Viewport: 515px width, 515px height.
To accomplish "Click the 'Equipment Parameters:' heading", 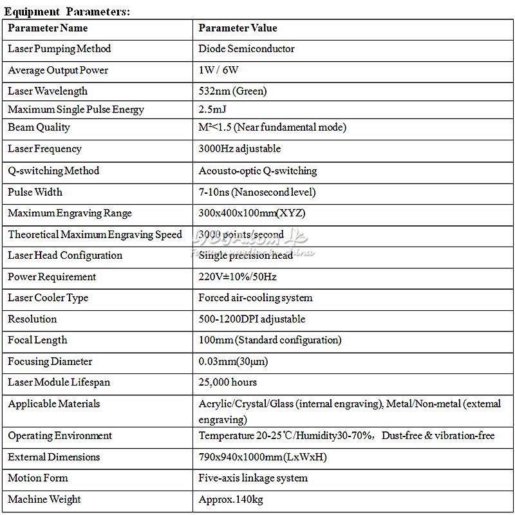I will coord(67,12).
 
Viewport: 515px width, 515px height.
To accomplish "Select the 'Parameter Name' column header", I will coord(48,28).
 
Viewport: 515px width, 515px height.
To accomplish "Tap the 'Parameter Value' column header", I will coord(238,28).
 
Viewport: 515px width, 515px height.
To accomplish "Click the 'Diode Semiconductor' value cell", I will coord(247,49).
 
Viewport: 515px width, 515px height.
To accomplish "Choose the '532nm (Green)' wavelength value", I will coord(232,91).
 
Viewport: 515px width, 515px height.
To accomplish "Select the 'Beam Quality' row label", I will coord(39,127).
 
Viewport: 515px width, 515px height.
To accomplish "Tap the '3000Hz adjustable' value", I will coord(239,149).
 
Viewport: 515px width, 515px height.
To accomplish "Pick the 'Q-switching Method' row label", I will coord(53,171).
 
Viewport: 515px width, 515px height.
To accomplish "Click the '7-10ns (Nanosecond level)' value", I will coord(257,192).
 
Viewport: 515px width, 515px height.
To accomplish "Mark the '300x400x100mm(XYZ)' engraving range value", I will coord(252,213).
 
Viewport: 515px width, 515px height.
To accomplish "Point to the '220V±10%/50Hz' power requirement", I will coord(238,277).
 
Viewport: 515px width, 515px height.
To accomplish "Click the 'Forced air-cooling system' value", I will coord(256,298).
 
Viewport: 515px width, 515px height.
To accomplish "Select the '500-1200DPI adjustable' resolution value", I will coord(252,319).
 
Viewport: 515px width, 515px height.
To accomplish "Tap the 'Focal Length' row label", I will coord(37,340).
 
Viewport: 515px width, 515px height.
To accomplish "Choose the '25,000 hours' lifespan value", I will coord(228,382).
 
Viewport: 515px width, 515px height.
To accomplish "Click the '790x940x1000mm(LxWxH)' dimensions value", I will coord(263,457).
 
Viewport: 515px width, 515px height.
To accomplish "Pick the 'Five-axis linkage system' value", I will coord(253,478).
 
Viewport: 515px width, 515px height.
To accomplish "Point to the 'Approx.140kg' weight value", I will coord(230,500).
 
